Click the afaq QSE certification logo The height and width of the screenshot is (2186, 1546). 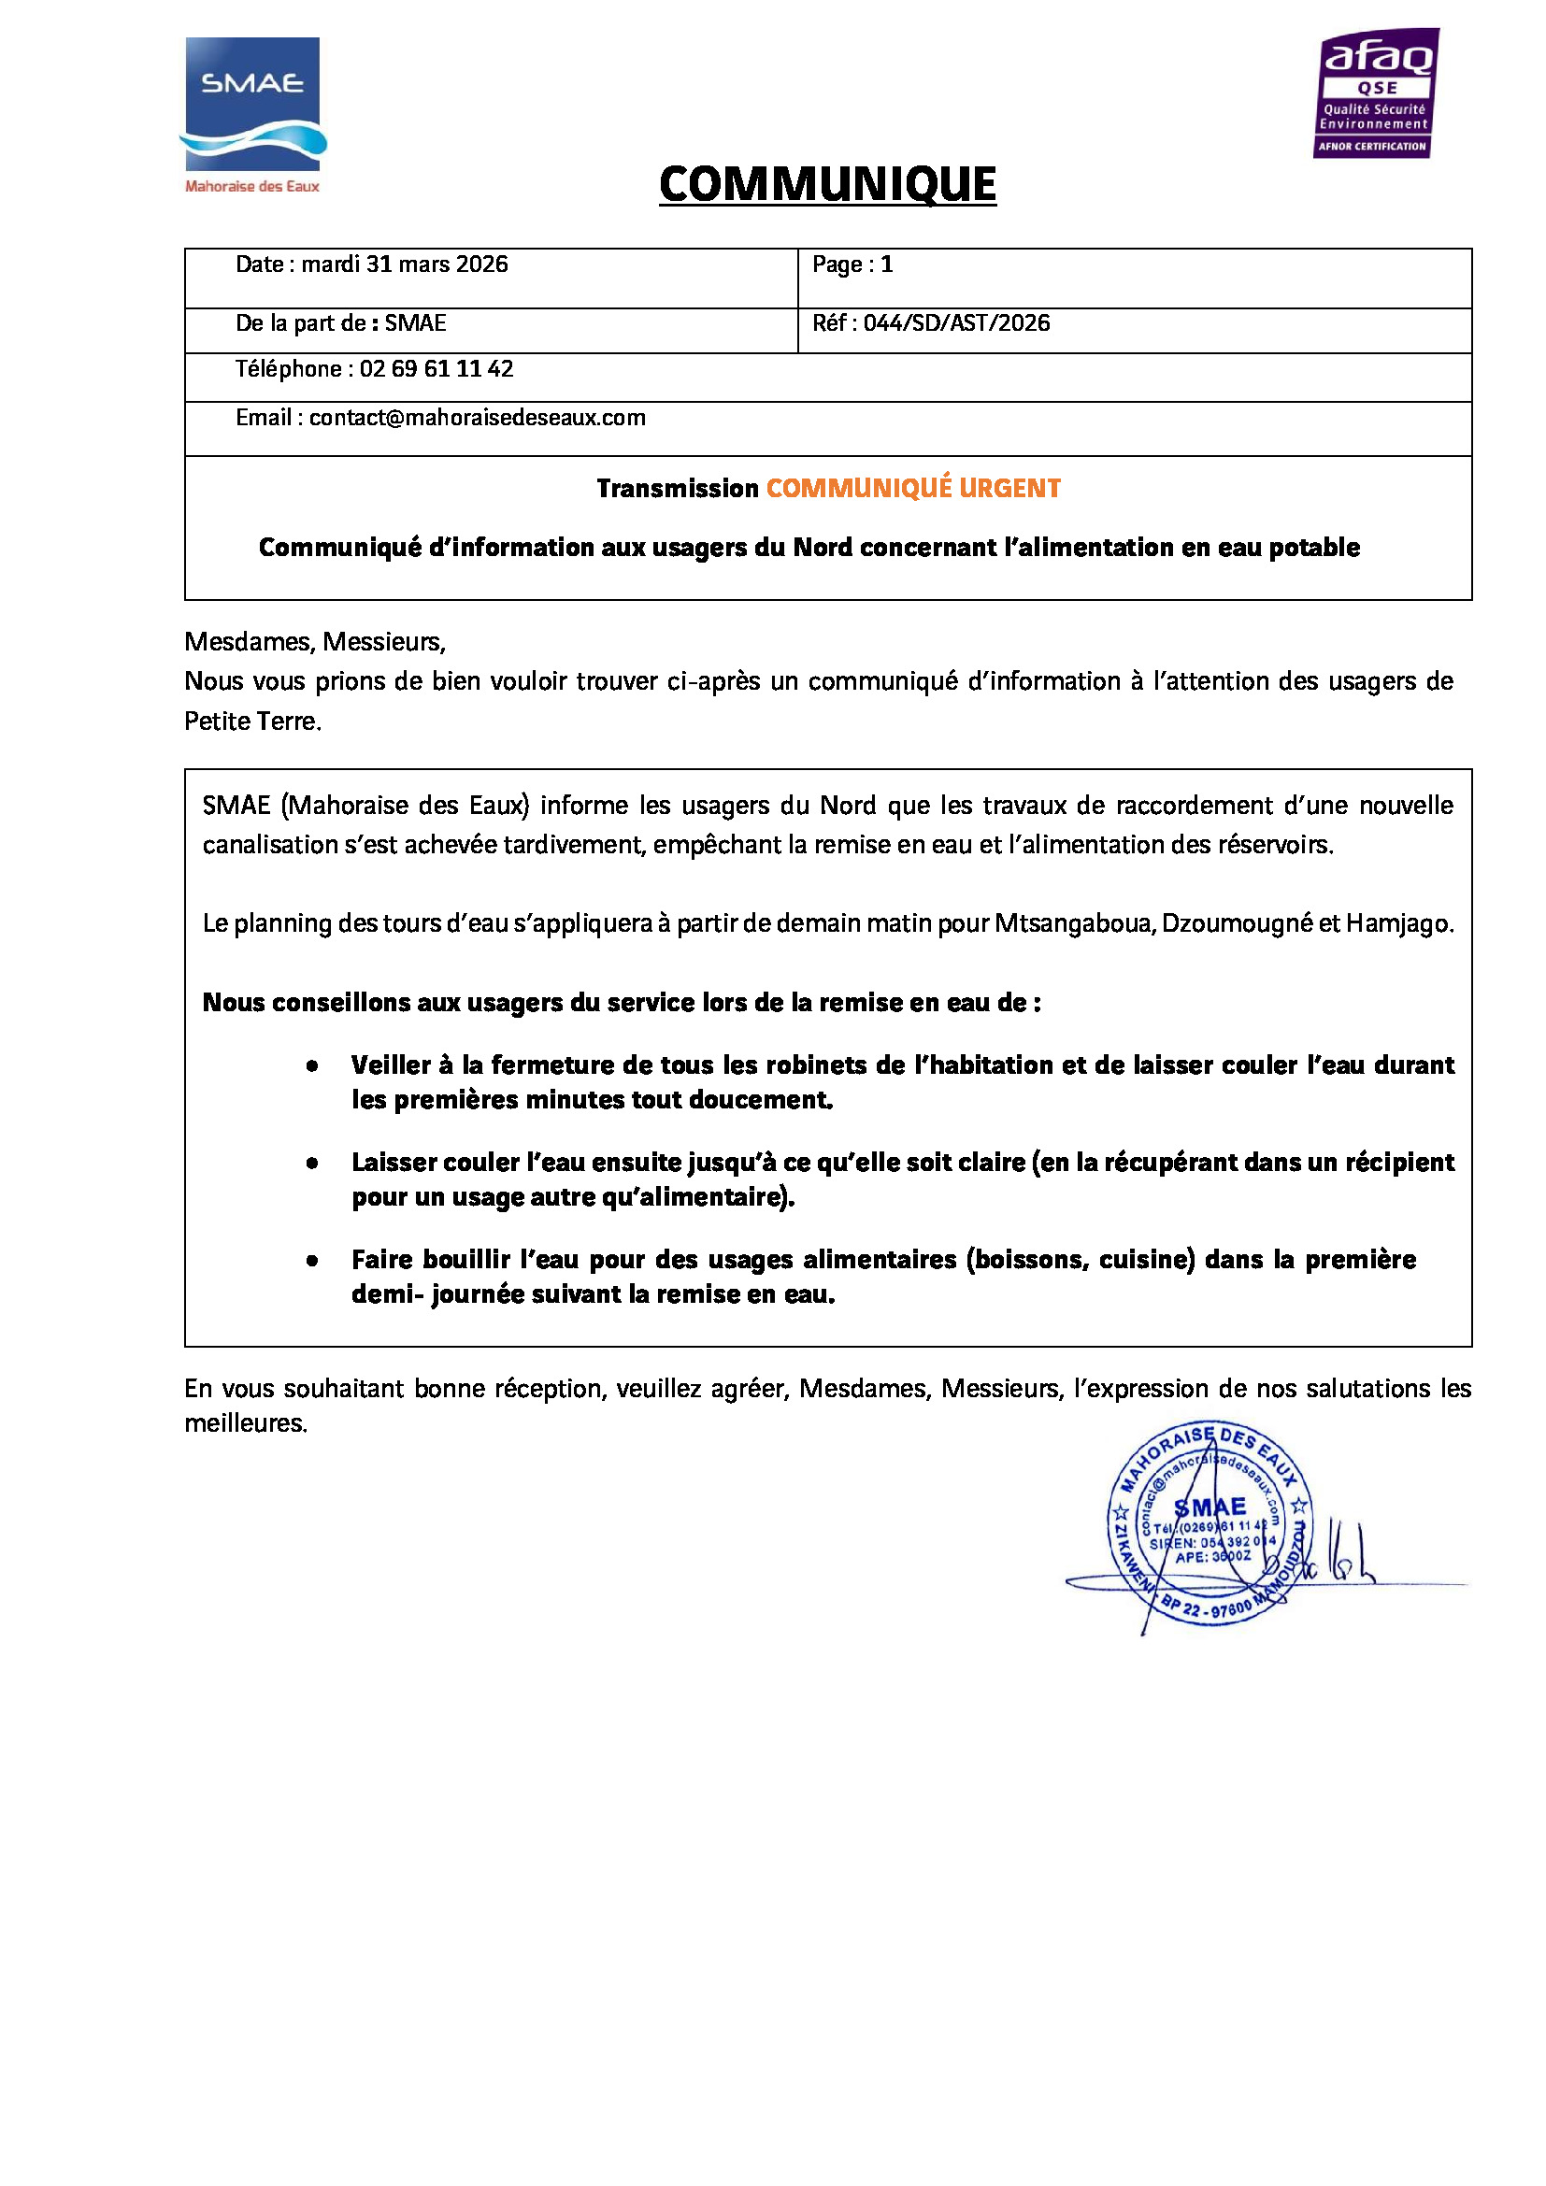1377,93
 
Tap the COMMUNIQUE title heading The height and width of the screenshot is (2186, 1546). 827,185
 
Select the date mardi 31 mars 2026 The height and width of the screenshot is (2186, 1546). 405,264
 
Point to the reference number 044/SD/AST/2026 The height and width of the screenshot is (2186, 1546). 956,323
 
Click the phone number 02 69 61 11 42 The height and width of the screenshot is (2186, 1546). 436,369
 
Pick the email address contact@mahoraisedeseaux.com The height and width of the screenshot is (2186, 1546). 477,418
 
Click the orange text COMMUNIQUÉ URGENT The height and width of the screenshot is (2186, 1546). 913,489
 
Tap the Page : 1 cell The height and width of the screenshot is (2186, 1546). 852,264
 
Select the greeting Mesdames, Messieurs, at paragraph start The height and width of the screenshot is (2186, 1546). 314,642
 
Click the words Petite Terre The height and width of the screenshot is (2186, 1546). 251,722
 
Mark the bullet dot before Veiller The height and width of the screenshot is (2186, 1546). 312,1066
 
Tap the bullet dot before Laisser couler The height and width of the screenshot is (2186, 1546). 312,1164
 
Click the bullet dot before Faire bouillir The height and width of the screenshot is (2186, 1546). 312,1261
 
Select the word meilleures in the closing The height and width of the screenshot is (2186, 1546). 245,1424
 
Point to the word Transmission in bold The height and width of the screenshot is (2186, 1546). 677,489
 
